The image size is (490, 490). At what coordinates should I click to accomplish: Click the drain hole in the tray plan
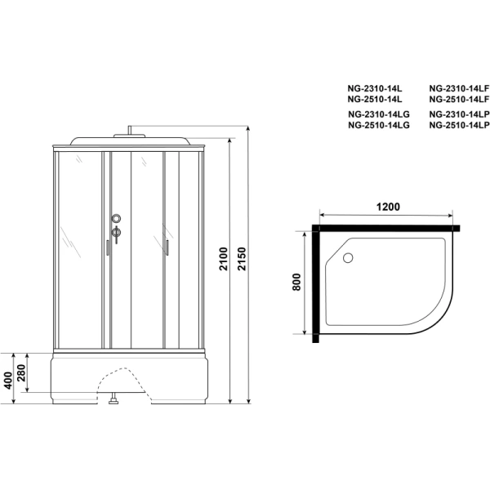(x=350, y=259)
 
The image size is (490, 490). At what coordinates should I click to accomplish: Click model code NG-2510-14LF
(x=457, y=99)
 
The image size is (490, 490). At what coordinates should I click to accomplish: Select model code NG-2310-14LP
(x=457, y=114)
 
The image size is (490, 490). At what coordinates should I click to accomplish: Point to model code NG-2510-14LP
(x=457, y=126)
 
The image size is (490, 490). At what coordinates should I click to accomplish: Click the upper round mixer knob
(x=118, y=219)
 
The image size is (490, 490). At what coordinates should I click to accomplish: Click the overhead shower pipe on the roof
(x=130, y=131)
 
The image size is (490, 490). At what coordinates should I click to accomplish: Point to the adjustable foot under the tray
(x=114, y=401)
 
